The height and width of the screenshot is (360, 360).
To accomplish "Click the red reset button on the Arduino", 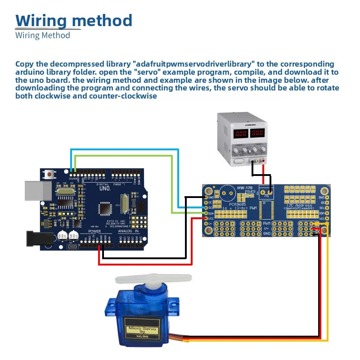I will (x=48, y=173).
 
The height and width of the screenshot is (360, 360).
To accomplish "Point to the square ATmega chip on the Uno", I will (x=106, y=208).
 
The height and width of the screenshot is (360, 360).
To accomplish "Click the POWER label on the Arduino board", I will (x=94, y=232).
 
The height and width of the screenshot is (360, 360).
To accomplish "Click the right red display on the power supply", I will (x=257, y=134).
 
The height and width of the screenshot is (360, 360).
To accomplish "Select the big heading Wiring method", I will (x=74, y=20).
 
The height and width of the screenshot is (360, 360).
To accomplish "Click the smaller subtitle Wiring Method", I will (x=43, y=35).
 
